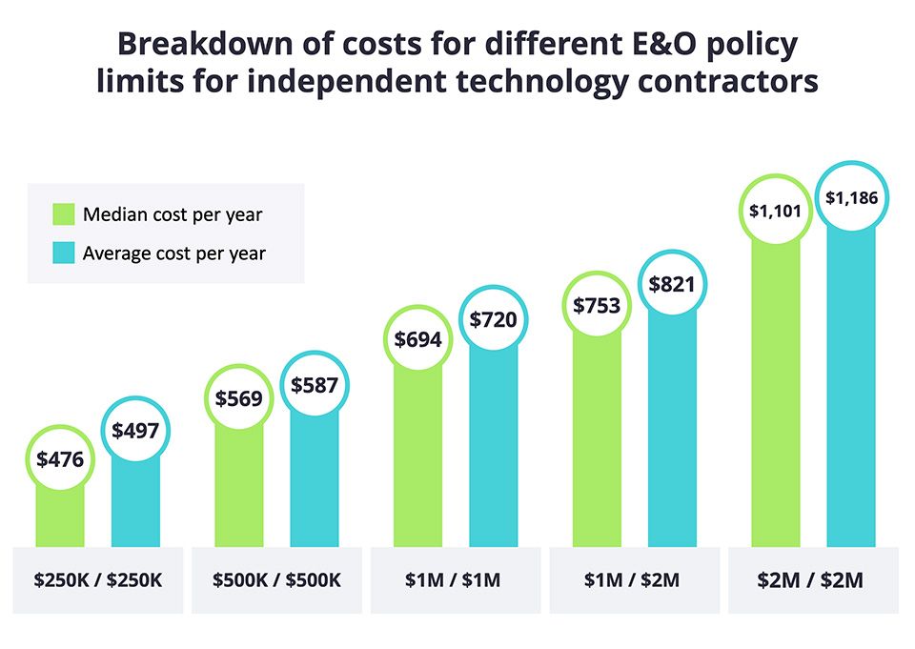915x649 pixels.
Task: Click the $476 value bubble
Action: [x=60, y=459]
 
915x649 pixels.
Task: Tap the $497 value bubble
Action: [x=135, y=431]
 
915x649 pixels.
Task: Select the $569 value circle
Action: [x=238, y=399]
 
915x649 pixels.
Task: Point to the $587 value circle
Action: [x=314, y=385]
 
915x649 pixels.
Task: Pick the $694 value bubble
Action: [x=418, y=337]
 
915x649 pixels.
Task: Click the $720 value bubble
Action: [x=493, y=319]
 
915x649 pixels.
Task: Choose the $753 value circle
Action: [x=598, y=305]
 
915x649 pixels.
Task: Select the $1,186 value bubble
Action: [x=851, y=197]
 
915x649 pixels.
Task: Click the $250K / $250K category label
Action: [x=98, y=579]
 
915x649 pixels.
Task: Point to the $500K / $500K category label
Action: [x=276, y=579]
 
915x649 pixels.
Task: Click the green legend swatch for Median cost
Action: [x=62, y=213]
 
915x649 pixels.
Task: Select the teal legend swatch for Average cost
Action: [x=62, y=254]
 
